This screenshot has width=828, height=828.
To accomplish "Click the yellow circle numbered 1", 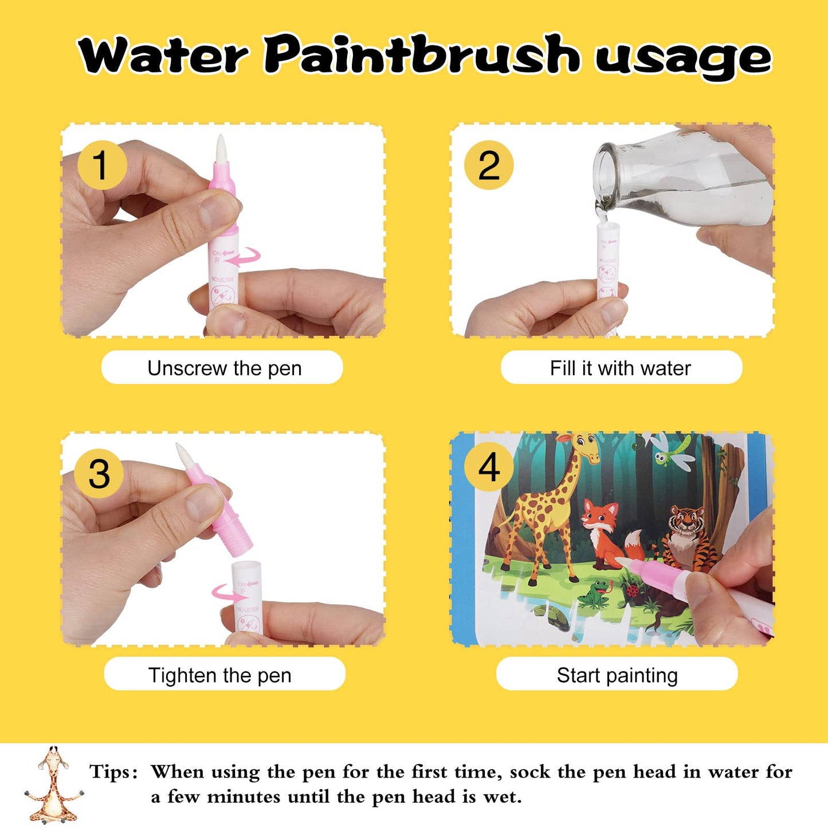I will [x=101, y=165].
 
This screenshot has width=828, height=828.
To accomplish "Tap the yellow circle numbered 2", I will [x=488, y=165].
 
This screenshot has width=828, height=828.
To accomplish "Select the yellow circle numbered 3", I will [x=99, y=473].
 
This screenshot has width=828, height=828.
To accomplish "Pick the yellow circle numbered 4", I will [x=488, y=467].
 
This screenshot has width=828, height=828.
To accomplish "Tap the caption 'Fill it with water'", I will [x=621, y=368].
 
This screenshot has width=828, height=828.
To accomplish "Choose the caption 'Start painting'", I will [x=617, y=674].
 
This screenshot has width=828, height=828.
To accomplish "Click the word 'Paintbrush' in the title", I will [x=421, y=56].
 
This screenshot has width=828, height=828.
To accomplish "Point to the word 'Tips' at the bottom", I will [x=113, y=772].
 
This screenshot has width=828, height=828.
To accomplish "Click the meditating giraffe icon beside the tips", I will [x=53, y=785].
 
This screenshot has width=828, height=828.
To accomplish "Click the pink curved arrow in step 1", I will [x=243, y=257].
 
